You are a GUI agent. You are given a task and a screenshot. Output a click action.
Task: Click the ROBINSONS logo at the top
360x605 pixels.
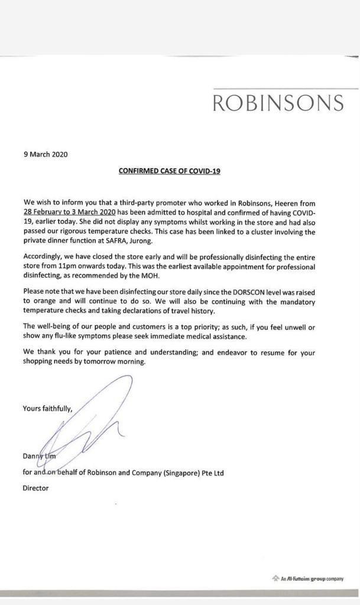(278, 103)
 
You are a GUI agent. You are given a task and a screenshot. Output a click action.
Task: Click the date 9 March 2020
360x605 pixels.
(46, 155)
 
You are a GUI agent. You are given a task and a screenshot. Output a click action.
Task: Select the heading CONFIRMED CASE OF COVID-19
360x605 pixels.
(170, 171)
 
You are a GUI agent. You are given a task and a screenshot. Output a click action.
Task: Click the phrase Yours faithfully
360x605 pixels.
(47, 408)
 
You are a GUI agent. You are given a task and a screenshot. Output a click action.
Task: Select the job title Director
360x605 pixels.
(35, 489)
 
